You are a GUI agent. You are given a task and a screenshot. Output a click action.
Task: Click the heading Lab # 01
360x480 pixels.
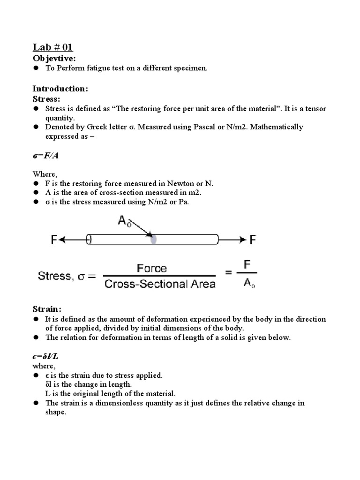[52, 47]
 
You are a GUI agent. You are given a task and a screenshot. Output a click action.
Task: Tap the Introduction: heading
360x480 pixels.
[60, 89]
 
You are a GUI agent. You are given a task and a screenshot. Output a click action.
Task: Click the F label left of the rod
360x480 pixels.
[54, 240]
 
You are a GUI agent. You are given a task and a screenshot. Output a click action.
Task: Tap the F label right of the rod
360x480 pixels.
[253, 240]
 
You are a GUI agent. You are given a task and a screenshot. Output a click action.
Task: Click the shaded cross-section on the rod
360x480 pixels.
[153, 240]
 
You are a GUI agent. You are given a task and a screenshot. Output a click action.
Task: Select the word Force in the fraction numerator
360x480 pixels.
[151, 269]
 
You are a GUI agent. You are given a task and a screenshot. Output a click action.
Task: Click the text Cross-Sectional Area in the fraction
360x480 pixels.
[160, 284]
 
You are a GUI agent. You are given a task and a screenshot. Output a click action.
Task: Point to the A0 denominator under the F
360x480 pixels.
[249, 284]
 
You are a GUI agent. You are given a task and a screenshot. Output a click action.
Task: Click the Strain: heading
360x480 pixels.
[47, 309]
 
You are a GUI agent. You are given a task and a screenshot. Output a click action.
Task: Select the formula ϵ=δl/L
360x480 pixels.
[45, 357]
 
